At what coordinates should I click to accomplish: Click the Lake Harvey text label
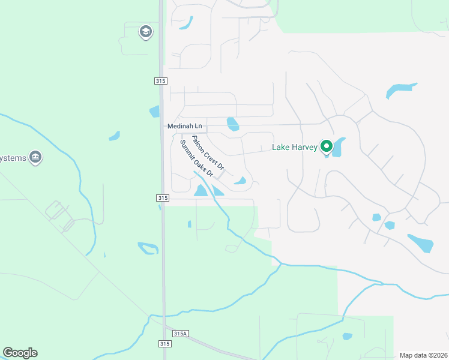(294, 147)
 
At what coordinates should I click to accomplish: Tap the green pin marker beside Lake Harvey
(327, 146)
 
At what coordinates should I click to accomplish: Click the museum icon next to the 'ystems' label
(35, 158)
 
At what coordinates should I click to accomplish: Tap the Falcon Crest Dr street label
(207, 152)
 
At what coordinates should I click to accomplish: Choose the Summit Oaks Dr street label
(196, 157)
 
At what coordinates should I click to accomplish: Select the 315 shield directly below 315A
(165, 344)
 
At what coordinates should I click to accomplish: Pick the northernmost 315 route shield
(160, 81)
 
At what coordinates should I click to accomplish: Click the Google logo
(20, 353)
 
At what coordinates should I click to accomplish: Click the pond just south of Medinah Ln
(233, 124)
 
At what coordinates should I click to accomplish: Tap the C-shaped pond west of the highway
(148, 247)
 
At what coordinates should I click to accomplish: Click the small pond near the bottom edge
(347, 337)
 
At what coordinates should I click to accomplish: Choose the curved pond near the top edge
(186, 23)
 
